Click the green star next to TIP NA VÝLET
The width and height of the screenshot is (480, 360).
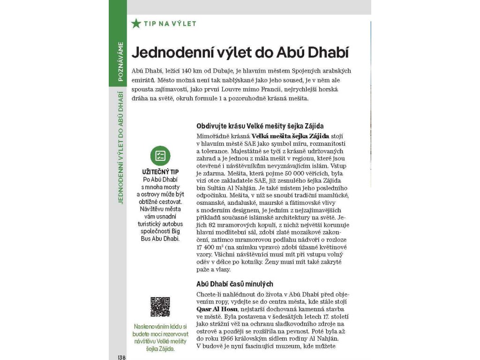(136, 23)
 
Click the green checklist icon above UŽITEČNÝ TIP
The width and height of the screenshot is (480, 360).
(160, 156)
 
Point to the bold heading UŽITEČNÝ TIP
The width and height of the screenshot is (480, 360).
(160, 172)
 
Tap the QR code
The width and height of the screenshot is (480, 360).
(160, 307)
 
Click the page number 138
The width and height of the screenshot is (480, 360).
(121, 357)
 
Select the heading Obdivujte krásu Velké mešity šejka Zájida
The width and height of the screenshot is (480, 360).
(260, 127)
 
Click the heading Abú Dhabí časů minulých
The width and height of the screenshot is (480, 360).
(234, 284)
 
